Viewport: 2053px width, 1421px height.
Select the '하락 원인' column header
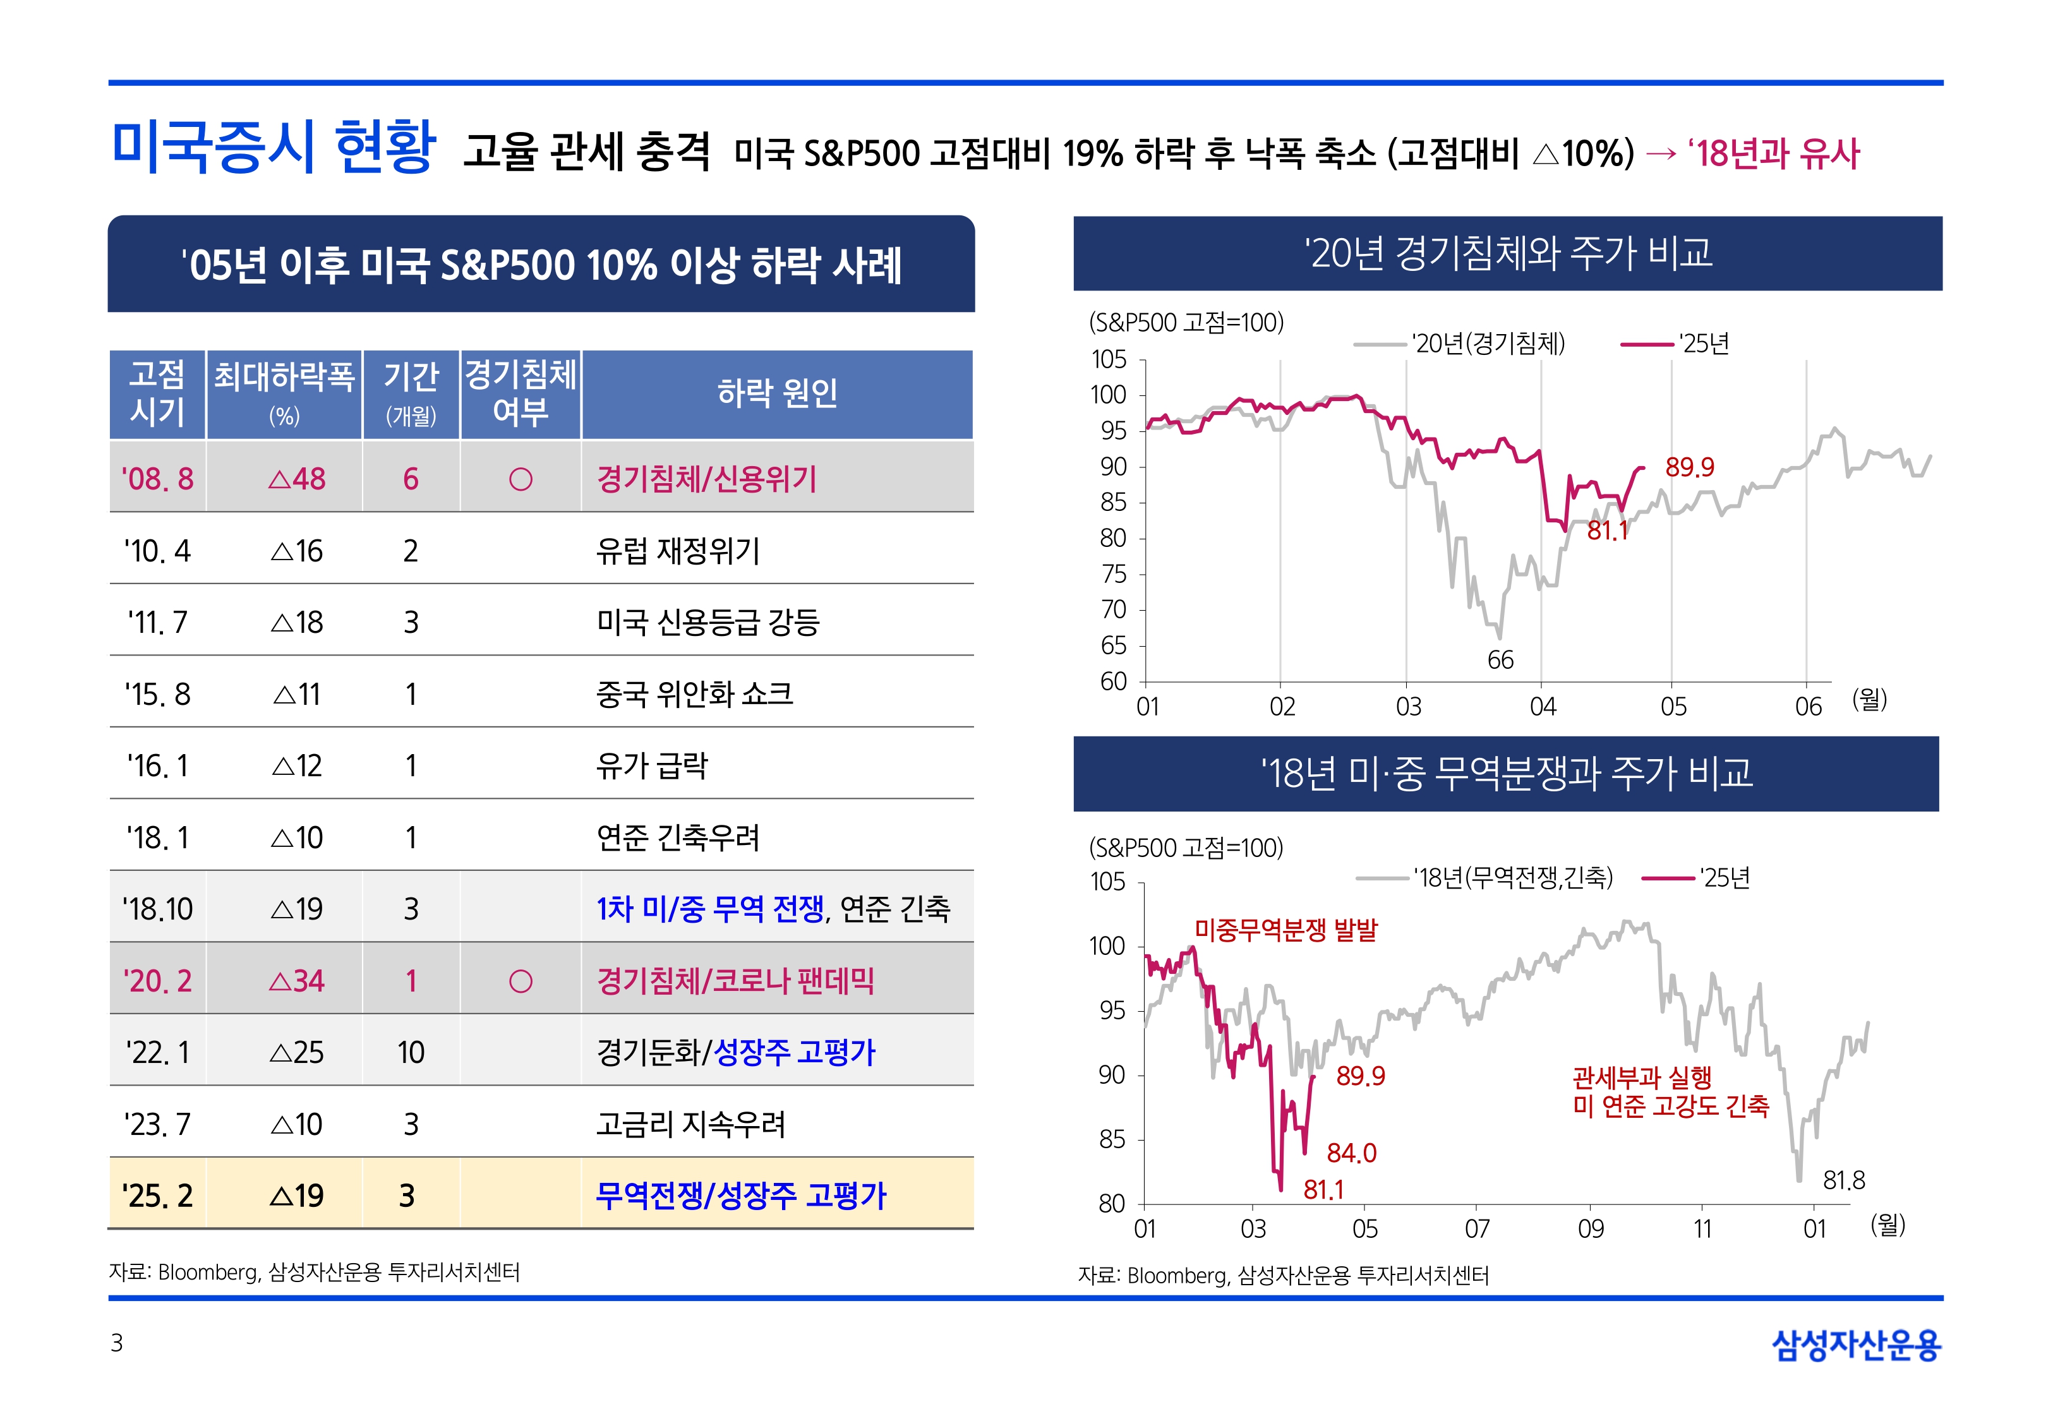776,393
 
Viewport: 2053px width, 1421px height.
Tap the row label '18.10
157,909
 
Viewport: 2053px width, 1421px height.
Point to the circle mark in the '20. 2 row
520,981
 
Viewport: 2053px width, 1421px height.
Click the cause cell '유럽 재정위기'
678,551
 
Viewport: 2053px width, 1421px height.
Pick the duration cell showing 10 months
411,1052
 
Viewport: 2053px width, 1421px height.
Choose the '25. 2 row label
157,1196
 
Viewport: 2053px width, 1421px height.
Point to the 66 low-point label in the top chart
1500,660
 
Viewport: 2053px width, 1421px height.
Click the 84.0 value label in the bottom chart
1351,1153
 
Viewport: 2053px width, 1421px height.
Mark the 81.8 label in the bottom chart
1844,1180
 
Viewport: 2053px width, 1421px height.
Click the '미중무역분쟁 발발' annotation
1285,930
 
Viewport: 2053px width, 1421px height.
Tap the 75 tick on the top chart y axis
1114,574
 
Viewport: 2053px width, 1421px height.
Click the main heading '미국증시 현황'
274,147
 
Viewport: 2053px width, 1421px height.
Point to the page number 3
117,1343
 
